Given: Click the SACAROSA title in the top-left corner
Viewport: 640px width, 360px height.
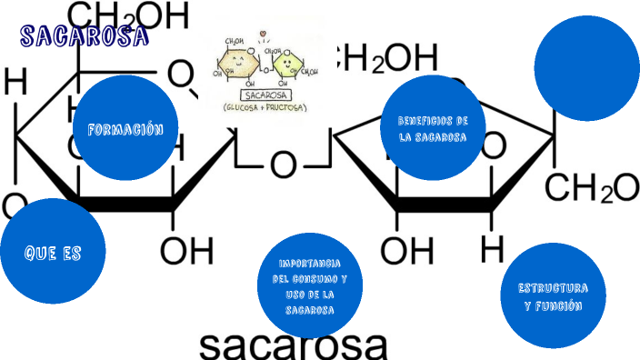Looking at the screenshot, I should [84, 36].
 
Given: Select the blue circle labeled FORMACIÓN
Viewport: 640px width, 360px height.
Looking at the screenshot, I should [125, 128].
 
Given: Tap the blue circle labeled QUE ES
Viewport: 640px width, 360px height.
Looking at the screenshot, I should [53, 253].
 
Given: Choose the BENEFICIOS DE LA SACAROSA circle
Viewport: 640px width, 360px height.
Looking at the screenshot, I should [432, 129].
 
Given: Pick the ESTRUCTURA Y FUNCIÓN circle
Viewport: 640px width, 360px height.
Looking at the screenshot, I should [553, 296].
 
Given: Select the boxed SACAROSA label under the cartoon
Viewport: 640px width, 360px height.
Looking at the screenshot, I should [265, 94].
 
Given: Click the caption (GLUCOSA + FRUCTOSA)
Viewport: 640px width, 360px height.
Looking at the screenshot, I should [265, 107].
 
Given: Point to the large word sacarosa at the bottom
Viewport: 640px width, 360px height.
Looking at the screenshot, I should [293, 344].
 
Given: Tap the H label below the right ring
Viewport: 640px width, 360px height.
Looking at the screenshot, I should [492, 246].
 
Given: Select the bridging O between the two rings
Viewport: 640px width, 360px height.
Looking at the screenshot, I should [284, 165].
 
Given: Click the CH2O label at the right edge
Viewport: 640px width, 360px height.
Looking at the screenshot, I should [592, 188].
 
